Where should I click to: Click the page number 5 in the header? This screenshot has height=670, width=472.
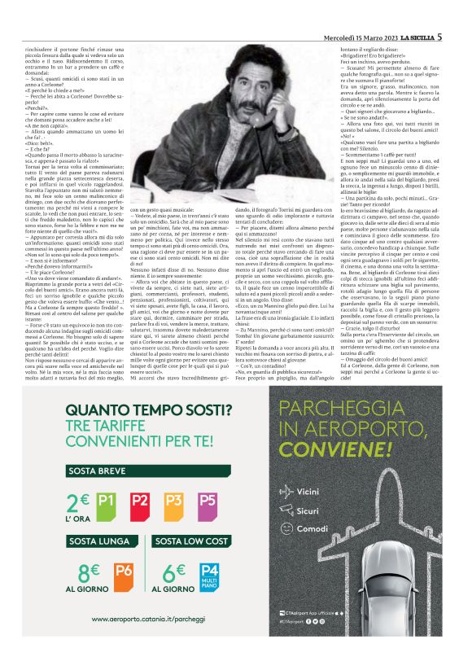[461, 13]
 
